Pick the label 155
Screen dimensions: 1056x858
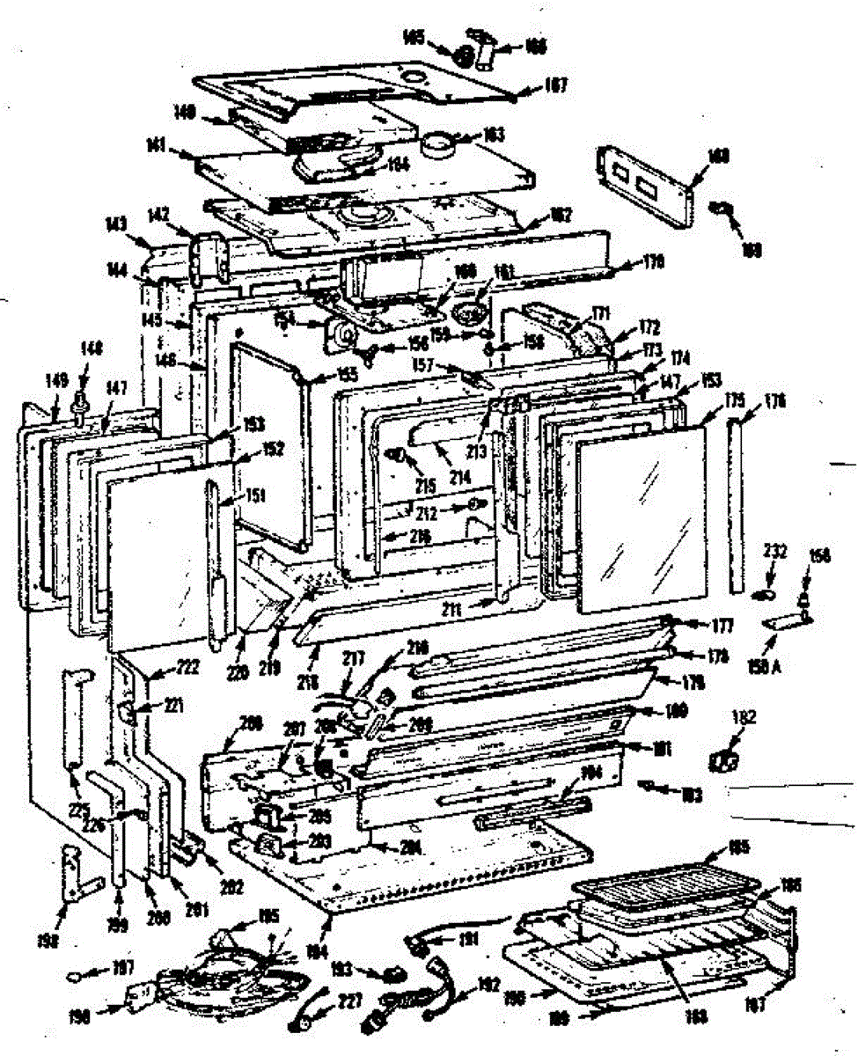pos(322,373)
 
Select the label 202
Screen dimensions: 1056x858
pos(231,862)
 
